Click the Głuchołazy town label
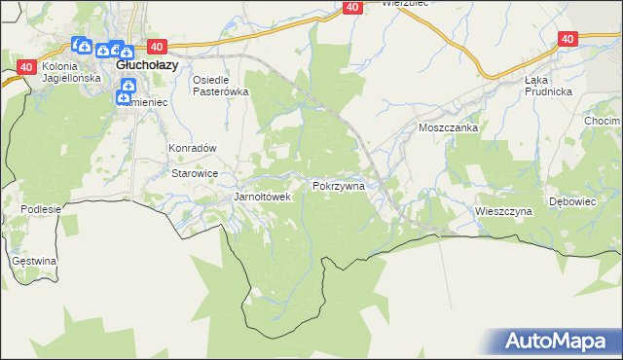pos(146,64)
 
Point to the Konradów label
pos(192,149)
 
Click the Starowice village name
pos(194,173)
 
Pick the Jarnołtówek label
pos(263,197)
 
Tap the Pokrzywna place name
pos(339,185)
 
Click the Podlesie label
pos(41,209)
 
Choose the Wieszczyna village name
pos(503,210)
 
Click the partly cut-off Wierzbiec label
pos(406,4)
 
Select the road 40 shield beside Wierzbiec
pos(352,7)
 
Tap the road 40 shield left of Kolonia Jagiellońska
pos(25,66)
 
